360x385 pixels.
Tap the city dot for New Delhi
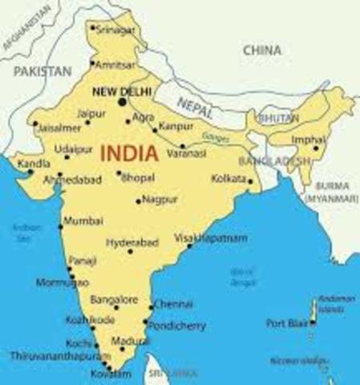(123, 102)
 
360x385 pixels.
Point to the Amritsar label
(115, 63)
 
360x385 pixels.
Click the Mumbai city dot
(60, 226)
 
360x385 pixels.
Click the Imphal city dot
(315, 148)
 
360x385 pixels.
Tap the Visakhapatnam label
(211, 238)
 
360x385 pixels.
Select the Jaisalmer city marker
(34, 125)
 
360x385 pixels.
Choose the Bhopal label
(137, 177)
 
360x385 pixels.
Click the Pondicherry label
(178, 326)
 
